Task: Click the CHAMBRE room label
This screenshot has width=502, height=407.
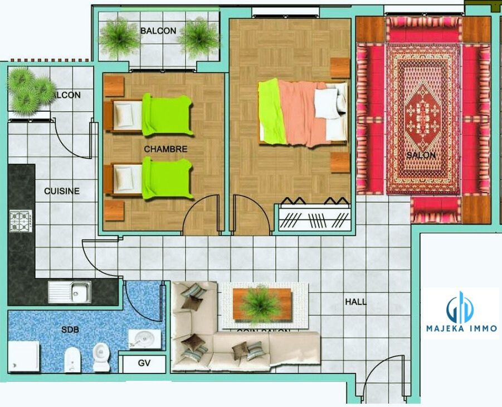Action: pos(165,150)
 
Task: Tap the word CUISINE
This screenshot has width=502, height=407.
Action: pos(62,191)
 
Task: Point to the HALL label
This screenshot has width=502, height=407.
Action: pos(355,301)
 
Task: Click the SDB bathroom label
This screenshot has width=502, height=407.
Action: pos(70,329)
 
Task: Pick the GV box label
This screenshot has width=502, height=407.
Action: pos(144,363)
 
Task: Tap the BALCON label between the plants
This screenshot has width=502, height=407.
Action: pos(158,31)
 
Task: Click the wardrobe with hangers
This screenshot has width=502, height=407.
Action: pos(314,215)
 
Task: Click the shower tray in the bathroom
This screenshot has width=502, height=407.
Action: pos(24,356)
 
